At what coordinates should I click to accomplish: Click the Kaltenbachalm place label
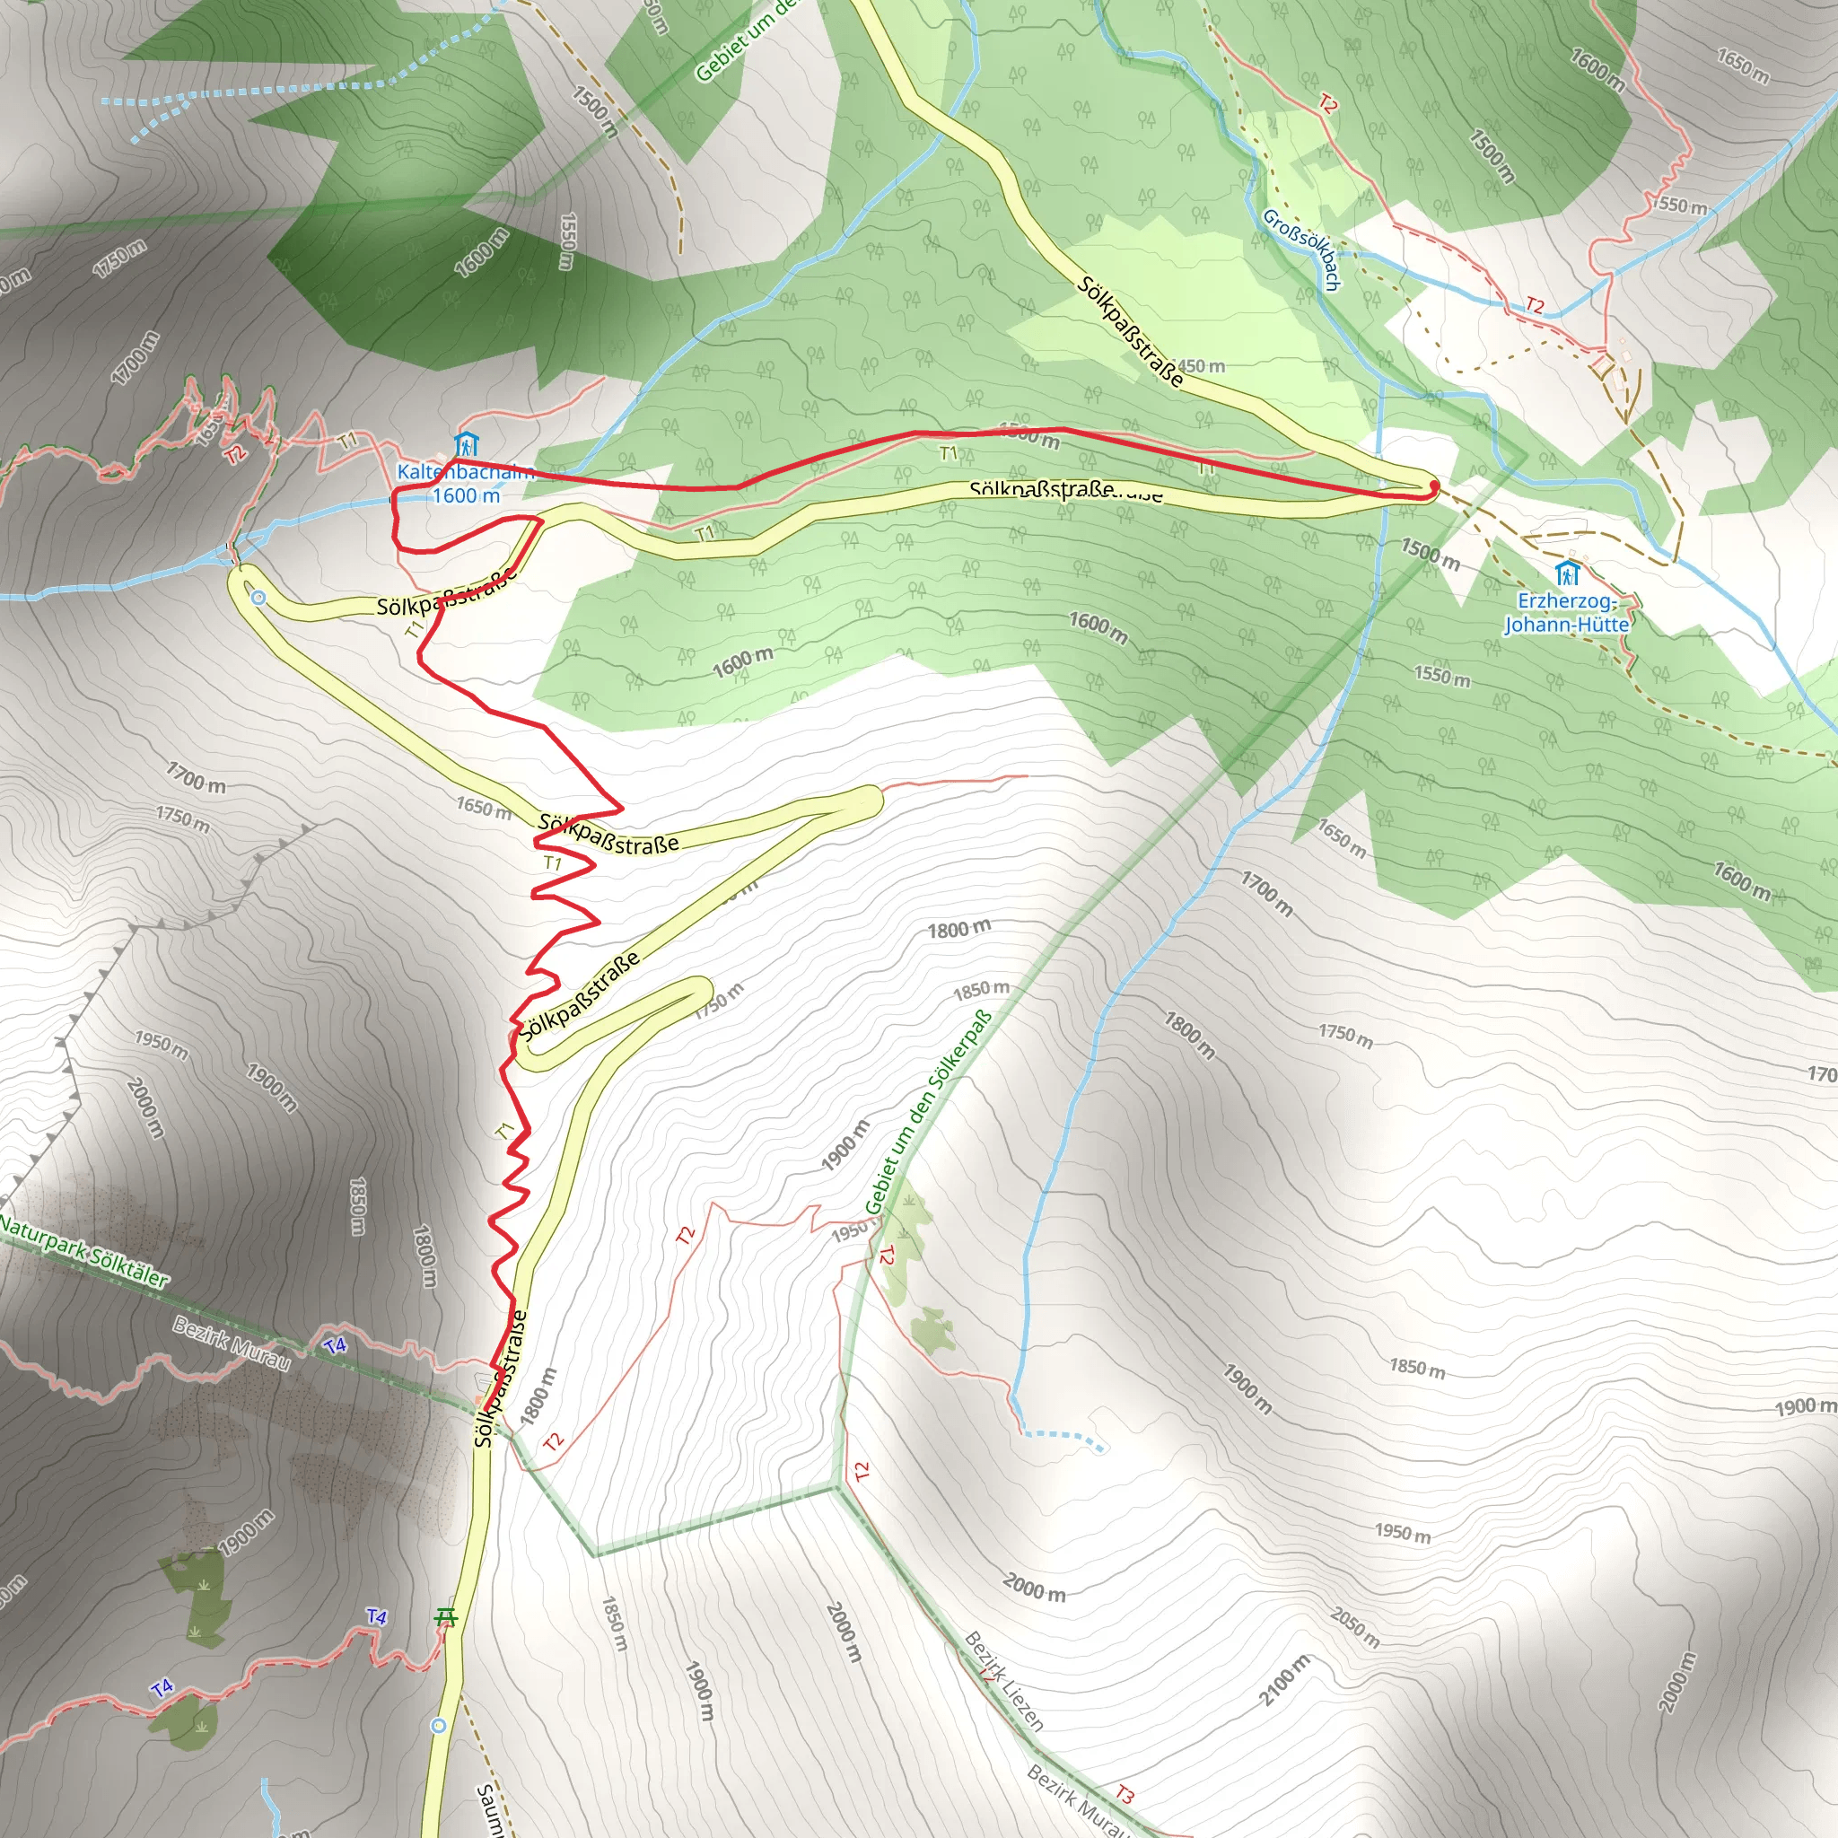(x=464, y=472)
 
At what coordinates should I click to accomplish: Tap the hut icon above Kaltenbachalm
(x=466, y=444)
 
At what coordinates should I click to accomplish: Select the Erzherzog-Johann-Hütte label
(x=1566, y=613)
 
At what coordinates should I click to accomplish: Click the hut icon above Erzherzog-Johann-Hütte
(x=1567, y=573)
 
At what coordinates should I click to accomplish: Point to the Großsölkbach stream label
(x=1301, y=249)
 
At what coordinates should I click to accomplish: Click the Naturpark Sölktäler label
(x=83, y=1251)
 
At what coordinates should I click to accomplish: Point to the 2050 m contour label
(x=1354, y=1628)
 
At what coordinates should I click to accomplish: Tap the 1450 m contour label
(x=1201, y=366)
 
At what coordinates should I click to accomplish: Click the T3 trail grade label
(x=1125, y=1794)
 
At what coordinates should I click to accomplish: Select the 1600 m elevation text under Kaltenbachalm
(x=465, y=495)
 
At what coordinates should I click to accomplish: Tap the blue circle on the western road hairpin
(x=258, y=598)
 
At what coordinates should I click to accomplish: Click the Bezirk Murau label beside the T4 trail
(x=232, y=1343)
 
